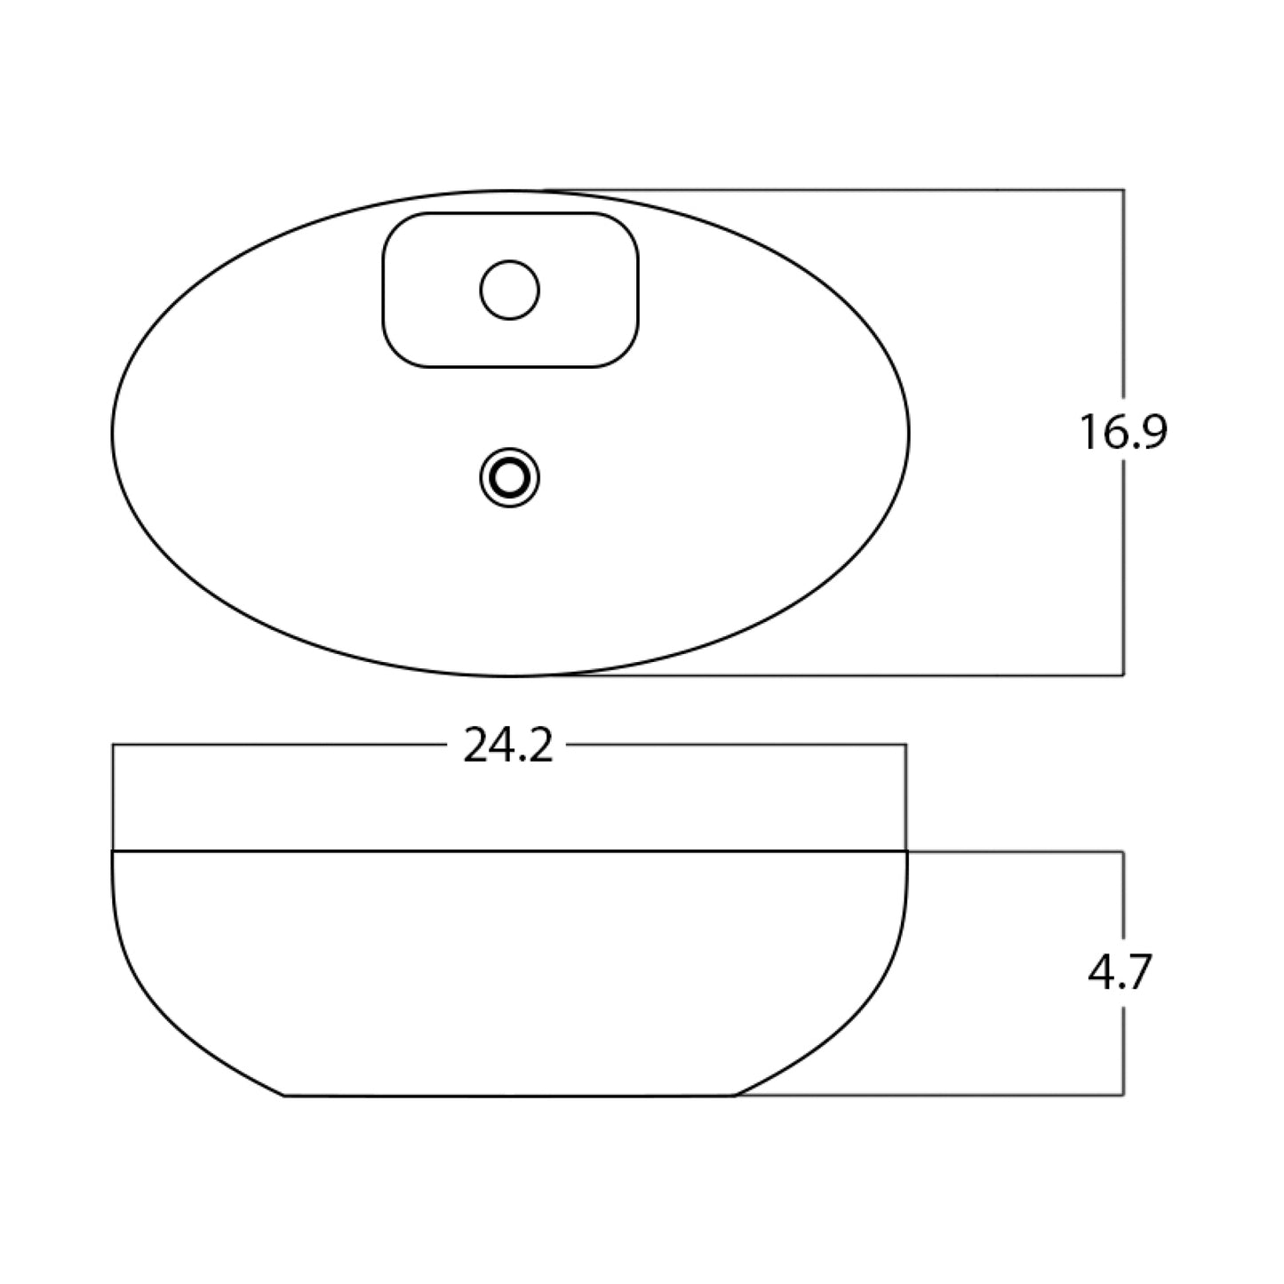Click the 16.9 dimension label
pos(1123,433)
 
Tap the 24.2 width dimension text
pos(508,746)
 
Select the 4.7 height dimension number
pos(1120,973)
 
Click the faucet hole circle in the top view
pos(510,290)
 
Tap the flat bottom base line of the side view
pos(510,1096)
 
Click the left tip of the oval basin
pos(112,433)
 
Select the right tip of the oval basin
pos(910,433)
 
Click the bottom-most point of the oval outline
pos(510,675)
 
